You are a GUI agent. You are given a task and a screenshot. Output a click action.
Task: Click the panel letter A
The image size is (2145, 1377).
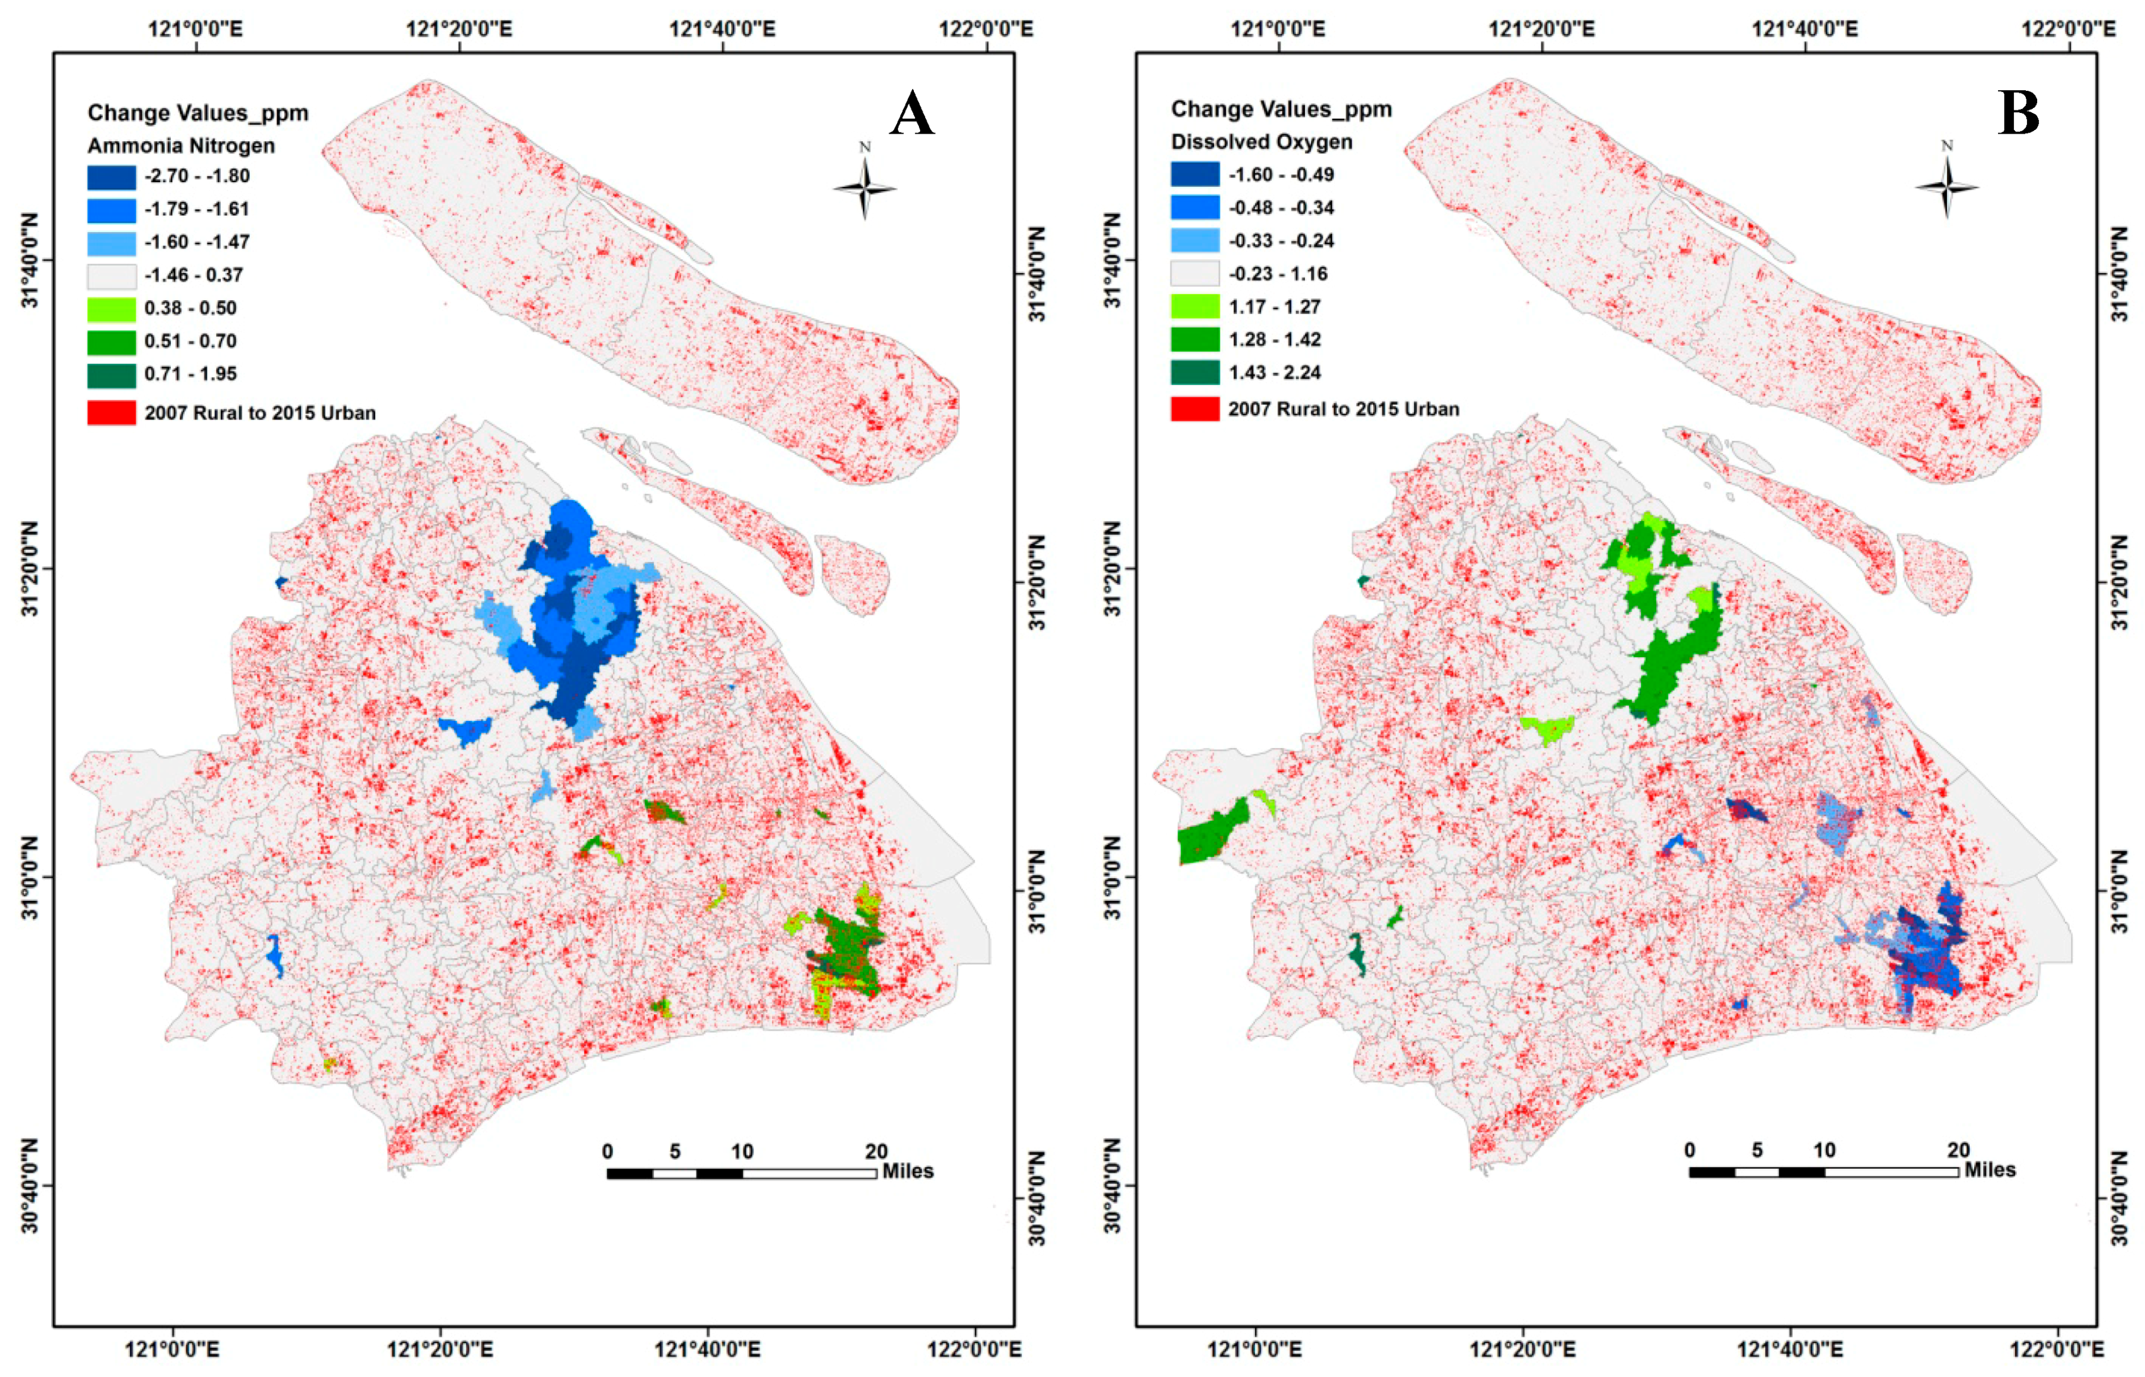[x=911, y=114]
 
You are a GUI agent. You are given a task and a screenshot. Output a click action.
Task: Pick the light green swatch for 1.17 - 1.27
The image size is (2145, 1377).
[x=1195, y=307]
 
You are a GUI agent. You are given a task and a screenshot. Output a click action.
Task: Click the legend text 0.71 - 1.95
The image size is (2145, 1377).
[x=190, y=374]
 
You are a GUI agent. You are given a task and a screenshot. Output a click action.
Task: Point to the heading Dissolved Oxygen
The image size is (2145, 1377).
[x=1261, y=141]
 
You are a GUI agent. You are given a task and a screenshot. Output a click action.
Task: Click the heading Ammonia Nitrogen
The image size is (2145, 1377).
[x=180, y=145]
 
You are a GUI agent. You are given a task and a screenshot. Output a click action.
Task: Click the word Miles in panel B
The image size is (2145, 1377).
[x=1989, y=1169]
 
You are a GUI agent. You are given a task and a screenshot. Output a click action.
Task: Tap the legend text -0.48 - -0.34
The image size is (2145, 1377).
[x=1281, y=208]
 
